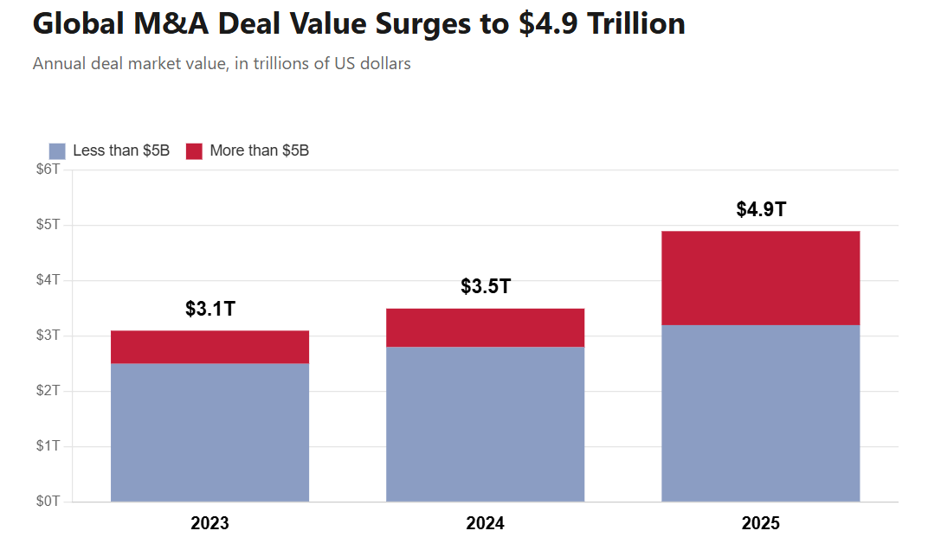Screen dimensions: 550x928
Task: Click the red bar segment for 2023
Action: (210, 347)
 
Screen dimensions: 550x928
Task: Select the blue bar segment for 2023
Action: (210, 432)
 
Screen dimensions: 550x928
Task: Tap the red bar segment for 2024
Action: (485, 328)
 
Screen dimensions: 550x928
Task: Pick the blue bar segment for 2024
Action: (485, 424)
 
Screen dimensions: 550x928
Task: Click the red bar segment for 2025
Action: (760, 278)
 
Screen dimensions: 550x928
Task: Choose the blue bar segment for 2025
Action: (760, 412)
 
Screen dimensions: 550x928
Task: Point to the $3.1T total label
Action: (210, 309)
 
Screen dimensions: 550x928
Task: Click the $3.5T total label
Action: (486, 286)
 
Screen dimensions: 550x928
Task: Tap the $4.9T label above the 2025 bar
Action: (761, 209)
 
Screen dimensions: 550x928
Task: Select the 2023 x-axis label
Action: (210, 523)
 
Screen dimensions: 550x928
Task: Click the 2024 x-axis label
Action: (485, 523)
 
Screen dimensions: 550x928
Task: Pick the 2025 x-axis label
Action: (760, 523)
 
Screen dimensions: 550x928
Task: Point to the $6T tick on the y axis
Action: (48, 169)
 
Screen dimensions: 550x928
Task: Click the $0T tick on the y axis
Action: (48, 502)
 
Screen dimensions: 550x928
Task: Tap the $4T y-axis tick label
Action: (48, 280)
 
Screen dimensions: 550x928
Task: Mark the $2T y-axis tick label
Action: (48, 391)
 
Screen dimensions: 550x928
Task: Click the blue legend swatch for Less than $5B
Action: (57, 150)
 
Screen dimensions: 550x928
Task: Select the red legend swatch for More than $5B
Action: (194, 150)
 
